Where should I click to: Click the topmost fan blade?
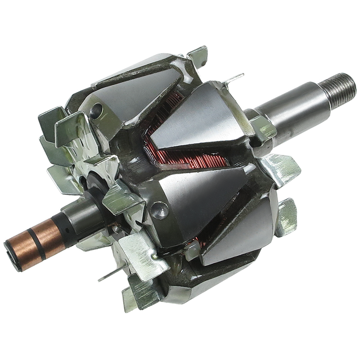pyautogui.click(x=198, y=55)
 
